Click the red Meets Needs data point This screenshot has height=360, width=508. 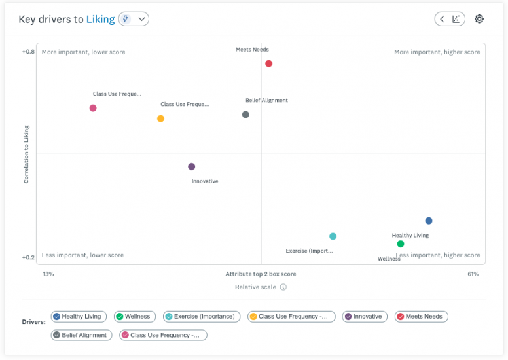click(x=268, y=63)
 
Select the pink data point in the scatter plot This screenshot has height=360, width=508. click(x=93, y=108)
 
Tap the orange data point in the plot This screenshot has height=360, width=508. click(x=160, y=118)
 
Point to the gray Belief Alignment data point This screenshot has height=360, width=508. click(x=245, y=115)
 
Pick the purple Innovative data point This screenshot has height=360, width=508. click(x=191, y=166)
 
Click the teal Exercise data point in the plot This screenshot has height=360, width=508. click(x=333, y=236)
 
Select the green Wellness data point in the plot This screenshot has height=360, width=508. click(x=401, y=244)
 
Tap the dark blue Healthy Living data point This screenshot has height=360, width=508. click(x=429, y=221)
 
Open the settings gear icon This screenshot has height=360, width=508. click(x=479, y=19)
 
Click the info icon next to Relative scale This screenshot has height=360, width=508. click(x=283, y=287)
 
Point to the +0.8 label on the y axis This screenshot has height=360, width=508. click(x=28, y=52)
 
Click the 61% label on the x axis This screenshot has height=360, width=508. click(x=473, y=274)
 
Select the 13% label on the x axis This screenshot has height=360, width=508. click(x=48, y=274)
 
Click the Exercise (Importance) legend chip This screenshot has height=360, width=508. click(x=200, y=317)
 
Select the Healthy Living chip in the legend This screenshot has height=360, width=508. click(x=78, y=317)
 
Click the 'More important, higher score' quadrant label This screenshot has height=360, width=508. click(x=437, y=52)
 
